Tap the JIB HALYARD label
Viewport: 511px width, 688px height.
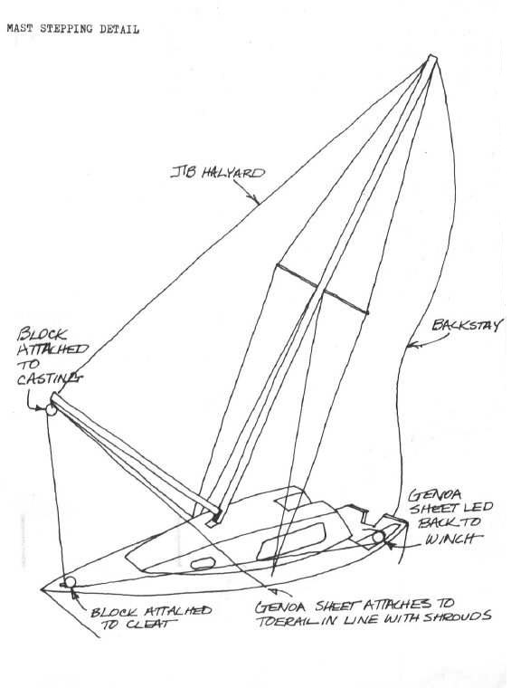click(x=218, y=172)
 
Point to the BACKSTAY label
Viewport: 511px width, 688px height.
click(x=467, y=325)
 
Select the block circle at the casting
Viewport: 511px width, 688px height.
click(x=52, y=410)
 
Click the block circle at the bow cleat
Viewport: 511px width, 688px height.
click(x=70, y=582)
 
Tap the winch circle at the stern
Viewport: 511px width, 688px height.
click(x=378, y=537)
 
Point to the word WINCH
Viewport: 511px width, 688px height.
click(x=453, y=539)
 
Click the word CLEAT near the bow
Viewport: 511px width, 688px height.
click(x=150, y=625)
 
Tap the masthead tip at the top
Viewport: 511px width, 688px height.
click(x=432, y=58)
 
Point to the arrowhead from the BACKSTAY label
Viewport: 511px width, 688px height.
click(x=410, y=346)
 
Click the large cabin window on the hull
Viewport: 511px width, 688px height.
click(x=291, y=541)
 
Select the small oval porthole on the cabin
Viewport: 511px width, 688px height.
click(x=203, y=563)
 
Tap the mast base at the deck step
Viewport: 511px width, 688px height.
click(x=215, y=517)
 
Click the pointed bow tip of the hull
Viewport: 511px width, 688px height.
click(x=43, y=588)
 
